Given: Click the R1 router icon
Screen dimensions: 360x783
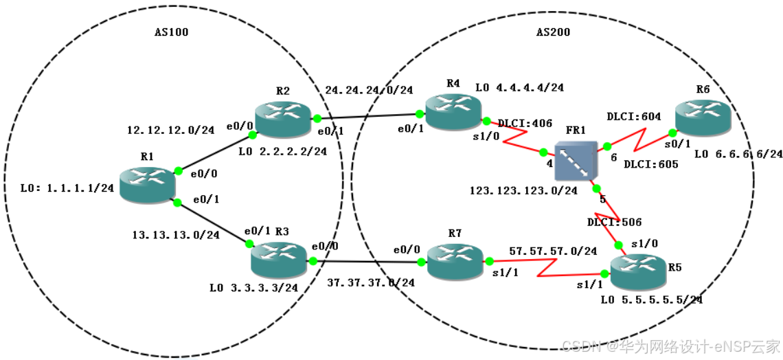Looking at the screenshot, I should [x=147, y=185].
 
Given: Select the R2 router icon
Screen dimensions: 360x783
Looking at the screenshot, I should [x=282, y=118].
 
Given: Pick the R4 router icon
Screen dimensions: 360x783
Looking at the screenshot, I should [x=453, y=111].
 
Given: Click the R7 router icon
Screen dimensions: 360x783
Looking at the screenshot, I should [x=454, y=262].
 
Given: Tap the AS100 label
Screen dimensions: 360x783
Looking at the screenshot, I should [x=171, y=32].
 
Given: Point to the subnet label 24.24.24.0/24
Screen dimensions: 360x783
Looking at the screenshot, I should [x=368, y=89].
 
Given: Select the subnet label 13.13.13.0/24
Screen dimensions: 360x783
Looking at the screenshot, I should [x=175, y=235].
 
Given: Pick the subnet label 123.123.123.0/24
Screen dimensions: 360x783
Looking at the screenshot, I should [x=523, y=190].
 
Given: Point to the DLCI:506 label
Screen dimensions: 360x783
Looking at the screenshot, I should [x=614, y=222].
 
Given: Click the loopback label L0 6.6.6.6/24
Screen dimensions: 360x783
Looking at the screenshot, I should [x=738, y=154].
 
